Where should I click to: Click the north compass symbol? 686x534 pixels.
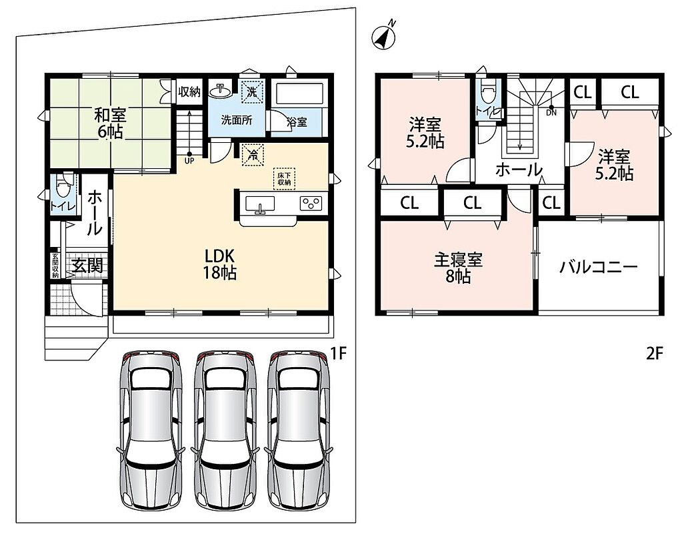point(384,36)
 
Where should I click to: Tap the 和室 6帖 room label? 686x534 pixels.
point(110,123)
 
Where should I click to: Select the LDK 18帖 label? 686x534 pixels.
point(219,264)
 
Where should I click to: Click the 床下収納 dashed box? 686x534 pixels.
point(285,179)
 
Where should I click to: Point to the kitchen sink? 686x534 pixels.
point(260,204)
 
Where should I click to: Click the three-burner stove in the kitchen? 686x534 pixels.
point(311,204)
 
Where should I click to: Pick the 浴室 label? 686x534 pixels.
point(297,121)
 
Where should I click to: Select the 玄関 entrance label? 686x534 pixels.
point(87,265)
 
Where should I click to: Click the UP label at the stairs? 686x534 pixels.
point(189,161)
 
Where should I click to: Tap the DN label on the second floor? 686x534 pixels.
point(551,113)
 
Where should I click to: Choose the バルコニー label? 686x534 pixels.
point(598,267)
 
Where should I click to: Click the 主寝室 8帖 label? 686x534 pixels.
point(458,268)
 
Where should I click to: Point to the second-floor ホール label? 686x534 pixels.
point(519,169)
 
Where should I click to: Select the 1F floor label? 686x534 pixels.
point(338,354)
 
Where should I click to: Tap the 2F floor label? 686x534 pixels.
point(655,354)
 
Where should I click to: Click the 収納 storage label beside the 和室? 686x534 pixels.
point(189,91)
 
